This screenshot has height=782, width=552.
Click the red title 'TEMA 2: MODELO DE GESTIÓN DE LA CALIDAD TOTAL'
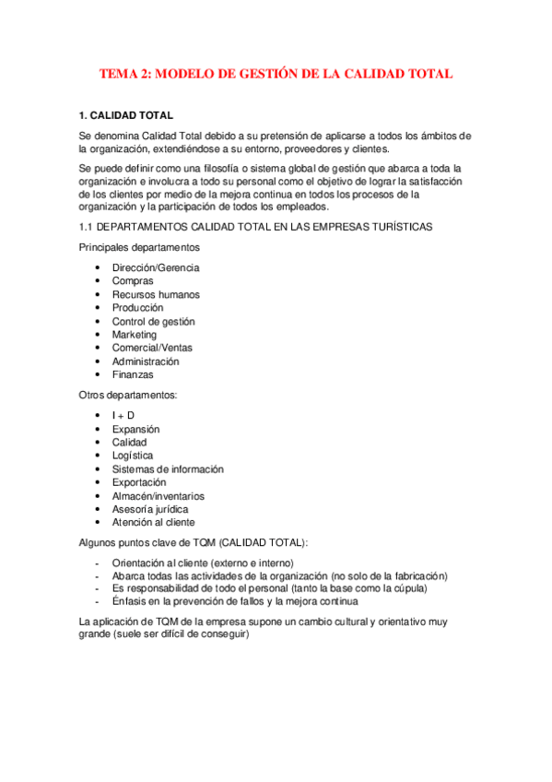click(x=276, y=74)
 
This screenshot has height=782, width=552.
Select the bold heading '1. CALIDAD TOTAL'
click(x=125, y=116)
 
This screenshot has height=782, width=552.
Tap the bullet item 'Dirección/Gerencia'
click(x=156, y=267)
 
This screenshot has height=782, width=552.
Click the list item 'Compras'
click(x=133, y=281)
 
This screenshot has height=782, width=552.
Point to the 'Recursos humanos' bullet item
click(x=156, y=295)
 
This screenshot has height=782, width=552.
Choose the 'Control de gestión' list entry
click(x=153, y=322)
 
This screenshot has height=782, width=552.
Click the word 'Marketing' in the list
click(x=135, y=335)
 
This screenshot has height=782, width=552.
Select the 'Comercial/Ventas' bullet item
click(x=152, y=349)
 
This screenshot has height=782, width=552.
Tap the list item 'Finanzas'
click(x=133, y=375)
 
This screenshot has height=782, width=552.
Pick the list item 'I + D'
click(x=123, y=416)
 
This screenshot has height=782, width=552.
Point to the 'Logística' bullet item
click(x=133, y=456)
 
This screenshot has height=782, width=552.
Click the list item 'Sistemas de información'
click(x=168, y=469)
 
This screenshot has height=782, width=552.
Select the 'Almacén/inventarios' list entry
click(x=159, y=496)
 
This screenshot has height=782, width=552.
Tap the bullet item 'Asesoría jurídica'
click(x=150, y=509)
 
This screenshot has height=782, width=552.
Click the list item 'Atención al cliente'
click(x=154, y=523)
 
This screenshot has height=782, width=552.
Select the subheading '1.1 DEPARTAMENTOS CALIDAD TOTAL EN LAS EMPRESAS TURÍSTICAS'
click(x=255, y=227)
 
